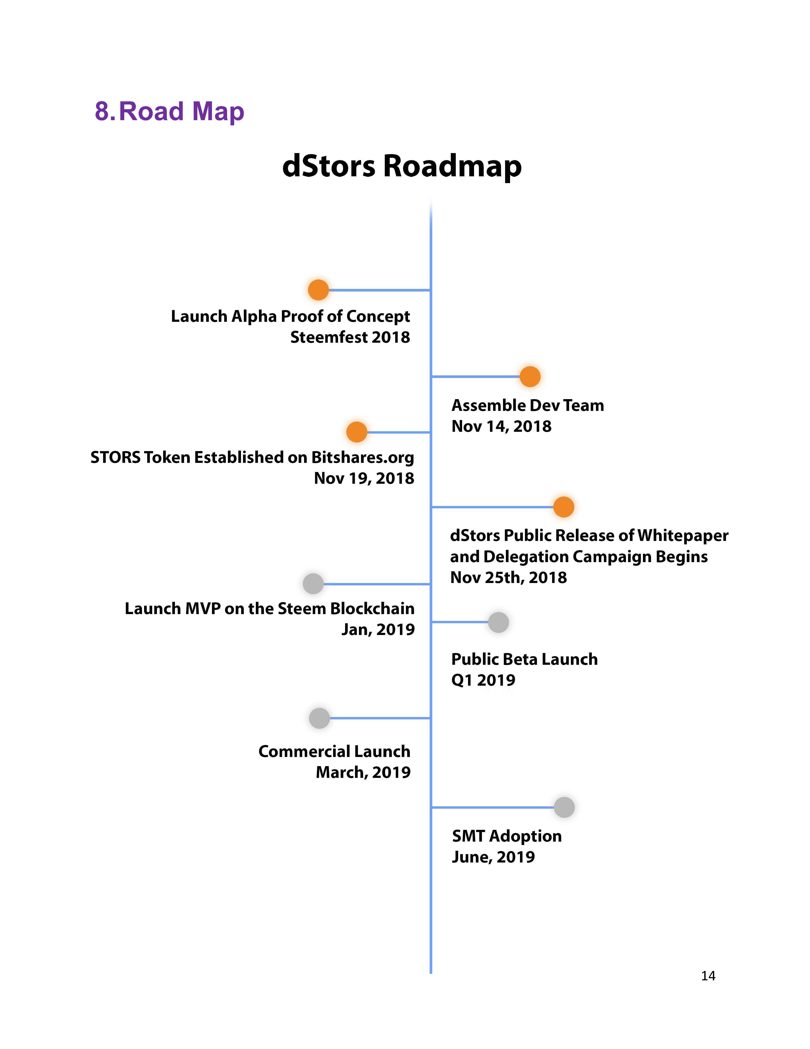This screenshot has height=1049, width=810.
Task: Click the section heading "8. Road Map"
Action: pyautogui.click(x=169, y=112)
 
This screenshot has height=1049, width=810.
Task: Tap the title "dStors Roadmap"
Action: pyautogui.click(x=402, y=166)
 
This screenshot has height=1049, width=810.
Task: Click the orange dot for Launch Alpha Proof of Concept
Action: pyautogui.click(x=318, y=290)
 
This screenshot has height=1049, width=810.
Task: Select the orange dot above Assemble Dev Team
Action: pyautogui.click(x=530, y=377)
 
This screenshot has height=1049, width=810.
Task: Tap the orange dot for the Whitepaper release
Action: pyautogui.click(x=564, y=507)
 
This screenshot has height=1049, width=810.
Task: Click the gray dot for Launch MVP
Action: pyautogui.click(x=313, y=584)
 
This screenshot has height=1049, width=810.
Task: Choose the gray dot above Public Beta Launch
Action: pyautogui.click(x=498, y=622)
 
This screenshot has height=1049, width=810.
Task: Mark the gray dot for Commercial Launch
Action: pyautogui.click(x=319, y=718)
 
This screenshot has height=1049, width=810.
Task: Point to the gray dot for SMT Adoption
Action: pyautogui.click(x=564, y=807)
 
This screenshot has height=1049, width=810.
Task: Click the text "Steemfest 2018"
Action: pyautogui.click(x=350, y=337)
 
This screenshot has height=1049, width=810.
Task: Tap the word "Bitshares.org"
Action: pyautogui.click(x=363, y=457)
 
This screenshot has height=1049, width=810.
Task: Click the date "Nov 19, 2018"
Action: pyautogui.click(x=364, y=478)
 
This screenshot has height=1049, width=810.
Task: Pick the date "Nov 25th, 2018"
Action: pyautogui.click(x=509, y=577)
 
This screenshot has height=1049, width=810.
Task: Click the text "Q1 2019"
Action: pyautogui.click(x=483, y=680)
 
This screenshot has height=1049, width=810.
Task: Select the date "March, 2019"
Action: pyautogui.click(x=363, y=772)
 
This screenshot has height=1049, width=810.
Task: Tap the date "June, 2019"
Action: pyautogui.click(x=493, y=857)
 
